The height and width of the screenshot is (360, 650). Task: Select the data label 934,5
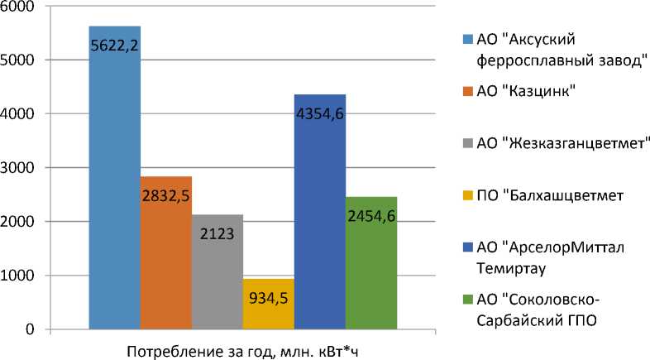pos(269,295)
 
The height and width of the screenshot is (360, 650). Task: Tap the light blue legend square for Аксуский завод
pos(466,39)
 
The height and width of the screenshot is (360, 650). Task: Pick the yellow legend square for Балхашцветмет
pos(466,196)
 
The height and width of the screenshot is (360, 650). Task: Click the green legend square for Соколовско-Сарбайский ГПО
pos(466,299)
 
